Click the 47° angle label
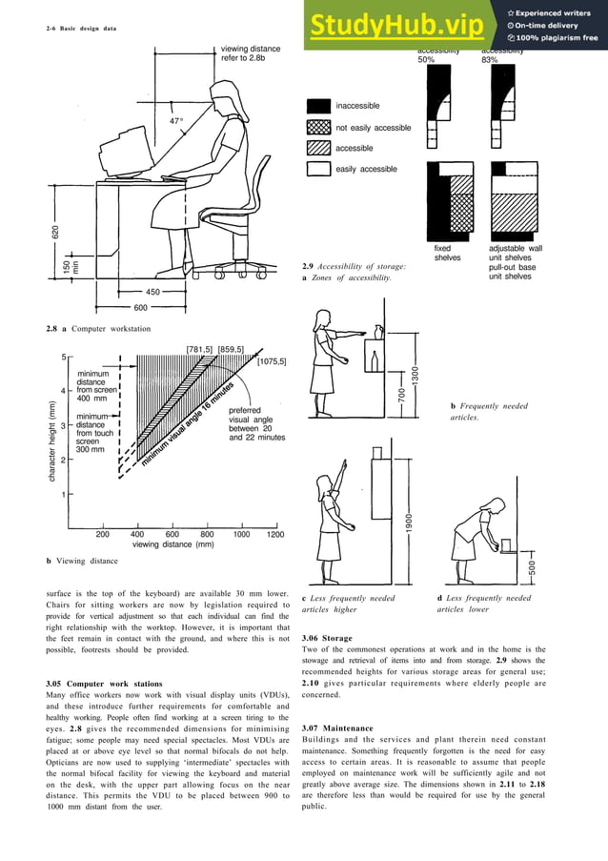click(x=175, y=121)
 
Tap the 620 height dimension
click(x=56, y=232)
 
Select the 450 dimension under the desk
click(x=152, y=292)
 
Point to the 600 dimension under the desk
click(x=140, y=308)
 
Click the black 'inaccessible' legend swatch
click(x=318, y=106)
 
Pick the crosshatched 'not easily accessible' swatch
click(x=318, y=127)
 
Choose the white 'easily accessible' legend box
click(x=318, y=169)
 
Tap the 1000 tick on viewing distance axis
click(x=241, y=535)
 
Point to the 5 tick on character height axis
click(x=64, y=358)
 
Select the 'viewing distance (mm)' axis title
click(x=172, y=545)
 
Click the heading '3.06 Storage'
click(x=327, y=638)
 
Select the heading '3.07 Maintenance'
click(x=334, y=728)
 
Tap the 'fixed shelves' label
click(x=448, y=253)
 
